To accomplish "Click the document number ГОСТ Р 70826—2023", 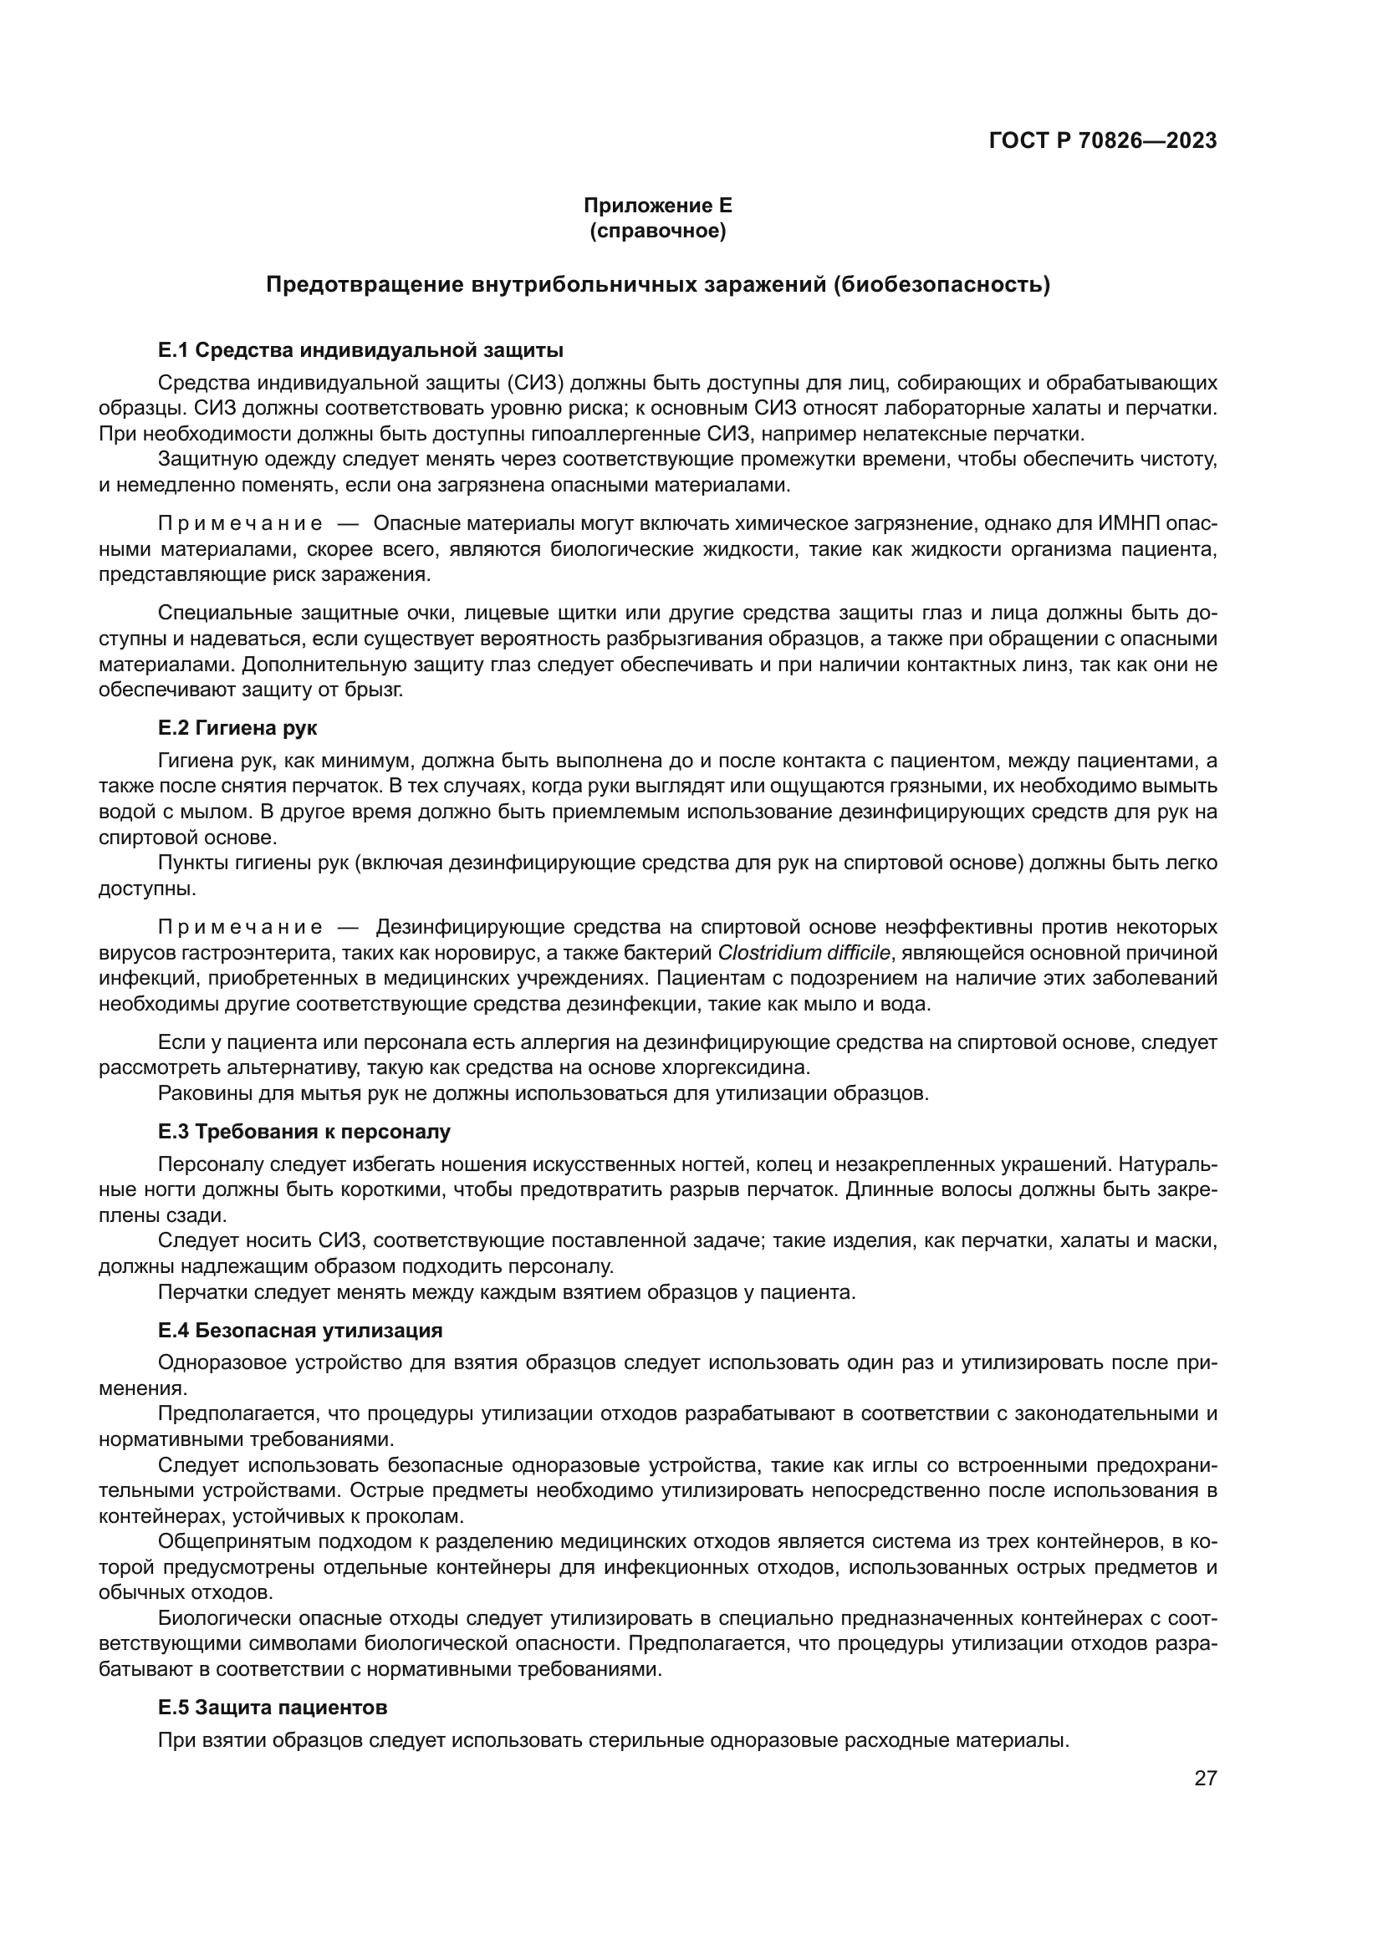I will (1102, 141).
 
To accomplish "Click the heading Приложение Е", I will (657, 206).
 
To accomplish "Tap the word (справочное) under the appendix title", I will (657, 231).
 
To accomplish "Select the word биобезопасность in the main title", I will (940, 285).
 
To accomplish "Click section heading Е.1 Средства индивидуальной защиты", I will (360, 350).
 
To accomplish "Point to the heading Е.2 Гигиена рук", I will (237, 728).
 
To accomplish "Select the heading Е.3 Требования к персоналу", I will (304, 1132).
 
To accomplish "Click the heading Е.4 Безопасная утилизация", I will (300, 1330).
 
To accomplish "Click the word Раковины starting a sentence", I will (198, 1093).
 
